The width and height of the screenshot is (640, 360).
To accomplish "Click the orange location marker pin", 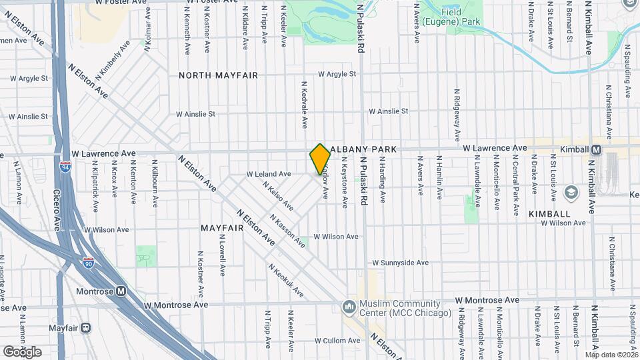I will click(x=320, y=159).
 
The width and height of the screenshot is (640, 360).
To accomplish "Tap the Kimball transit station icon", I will click(x=597, y=149).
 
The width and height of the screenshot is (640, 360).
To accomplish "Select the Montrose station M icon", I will click(x=121, y=291).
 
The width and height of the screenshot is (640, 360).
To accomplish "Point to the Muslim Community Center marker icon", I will click(x=348, y=307).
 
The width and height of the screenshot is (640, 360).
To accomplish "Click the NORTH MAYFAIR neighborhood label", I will click(x=218, y=75).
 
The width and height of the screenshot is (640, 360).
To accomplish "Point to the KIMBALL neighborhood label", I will click(x=549, y=214).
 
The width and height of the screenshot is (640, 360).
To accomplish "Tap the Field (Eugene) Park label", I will click(x=461, y=17).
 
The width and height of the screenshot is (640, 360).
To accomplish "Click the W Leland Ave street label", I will click(x=269, y=174).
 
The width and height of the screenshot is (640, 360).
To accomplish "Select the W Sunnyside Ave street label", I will click(x=400, y=263).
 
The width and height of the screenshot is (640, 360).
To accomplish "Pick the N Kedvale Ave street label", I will click(x=304, y=105).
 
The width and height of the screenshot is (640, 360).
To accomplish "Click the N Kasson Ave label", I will click(x=287, y=231).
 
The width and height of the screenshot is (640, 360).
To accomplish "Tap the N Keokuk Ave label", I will click(x=287, y=281).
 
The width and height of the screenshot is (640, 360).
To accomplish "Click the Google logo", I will click(x=22, y=351).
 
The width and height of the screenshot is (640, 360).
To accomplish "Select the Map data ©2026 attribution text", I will click(x=611, y=355).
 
